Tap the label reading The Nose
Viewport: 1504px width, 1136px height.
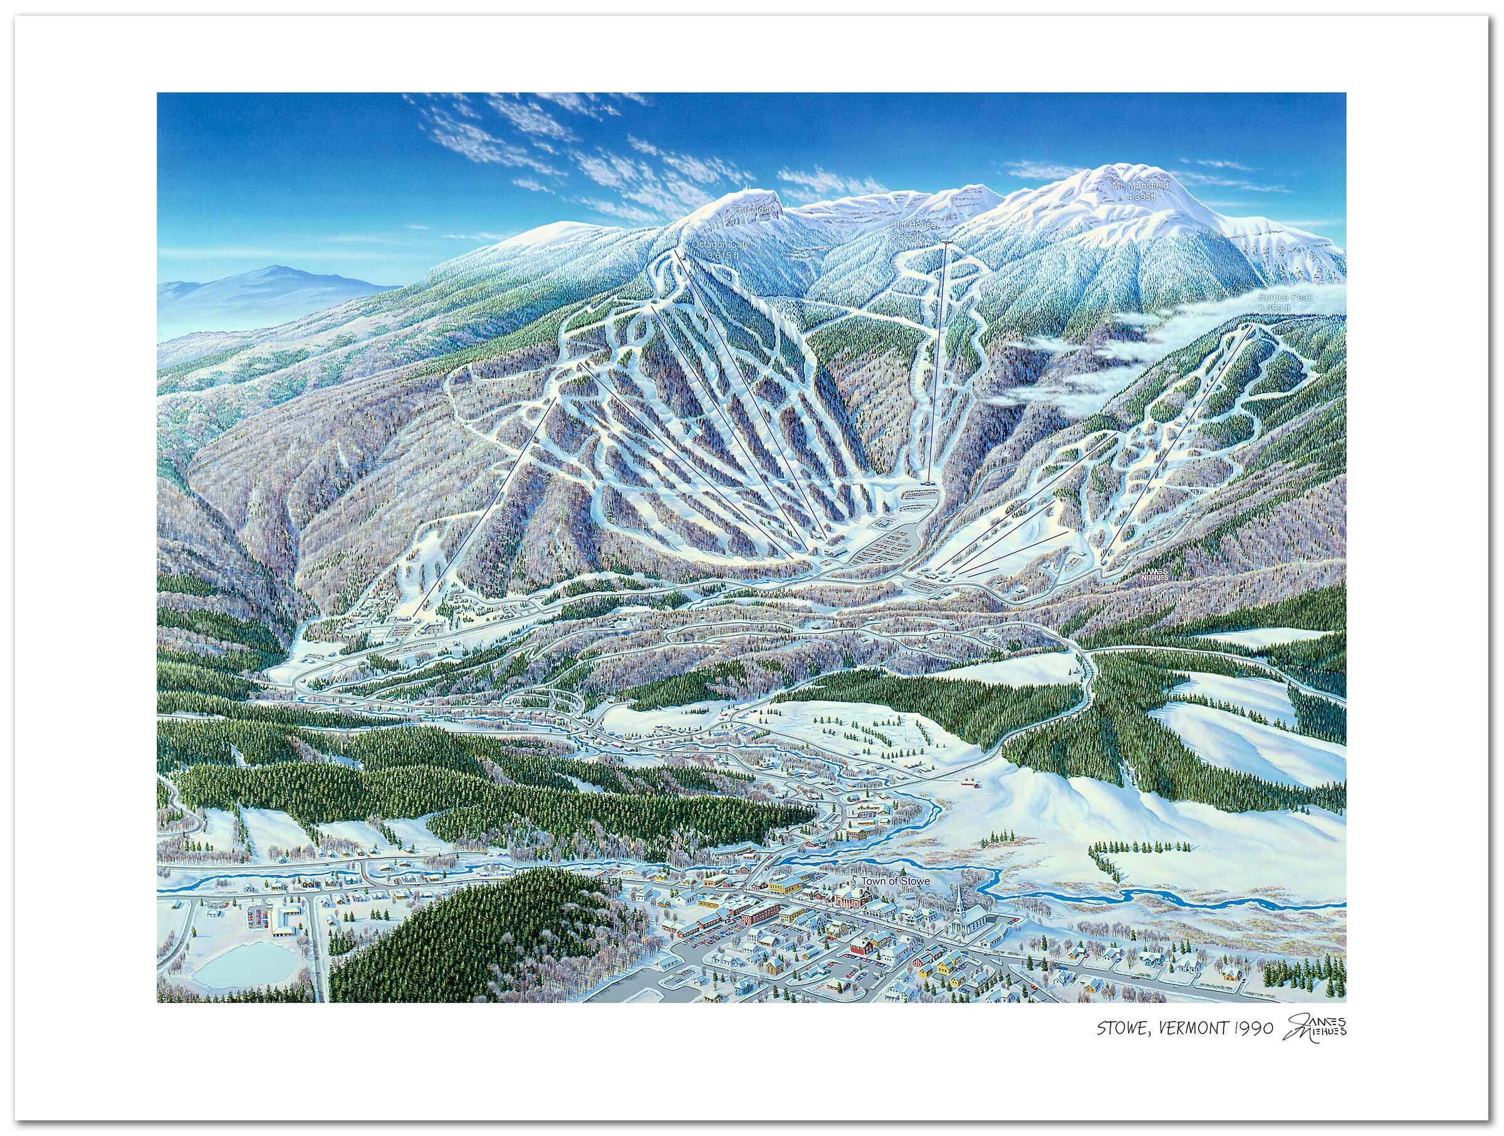[x=753, y=210]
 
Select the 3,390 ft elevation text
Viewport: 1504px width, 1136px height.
[x=1273, y=309]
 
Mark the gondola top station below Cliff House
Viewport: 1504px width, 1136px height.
[x=946, y=241]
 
